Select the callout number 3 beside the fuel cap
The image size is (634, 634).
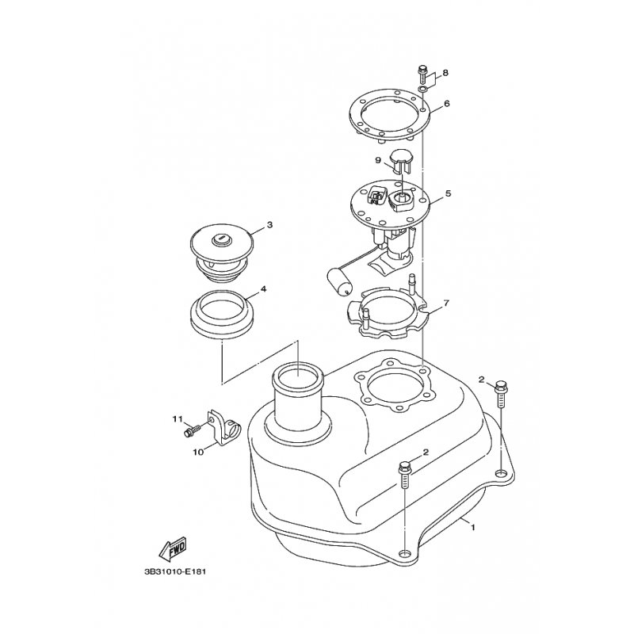(269, 225)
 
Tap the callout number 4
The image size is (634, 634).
(264, 289)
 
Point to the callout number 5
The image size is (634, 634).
(448, 193)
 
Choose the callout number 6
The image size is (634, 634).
(447, 104)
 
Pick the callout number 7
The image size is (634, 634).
(446, 303)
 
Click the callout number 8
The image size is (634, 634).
(445, 73)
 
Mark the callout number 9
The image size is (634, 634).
(379, 160)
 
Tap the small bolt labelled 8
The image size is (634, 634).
(422, 77)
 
